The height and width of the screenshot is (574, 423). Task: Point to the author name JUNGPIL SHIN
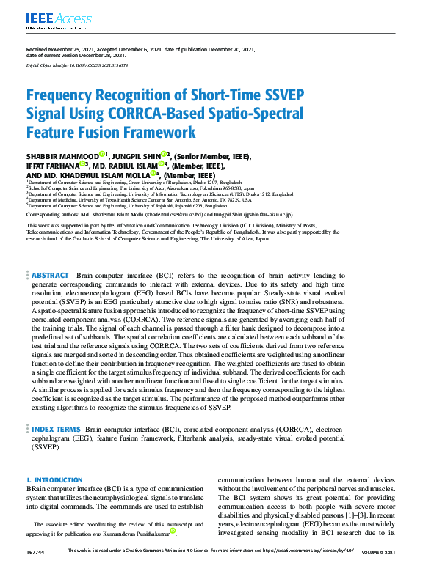pyautogui.click(x=139, y=155)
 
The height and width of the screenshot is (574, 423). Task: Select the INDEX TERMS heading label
pyautogui.click(x=56, y=428)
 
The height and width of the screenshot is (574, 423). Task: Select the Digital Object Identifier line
pyautogui.click(x=76, y=65)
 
